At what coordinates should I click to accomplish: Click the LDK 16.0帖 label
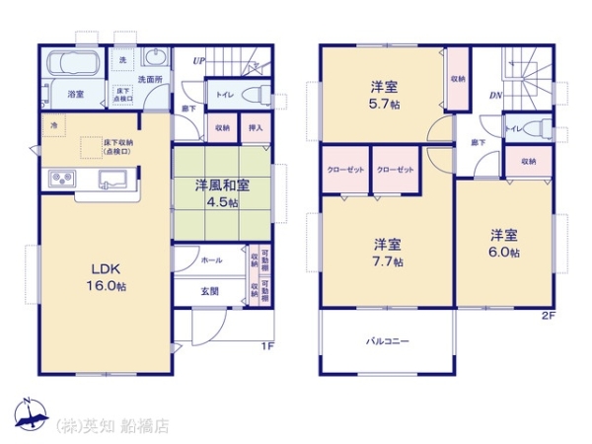(109, 277)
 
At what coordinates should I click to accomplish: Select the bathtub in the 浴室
(74, 66)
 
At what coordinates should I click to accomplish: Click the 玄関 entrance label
(209, 291)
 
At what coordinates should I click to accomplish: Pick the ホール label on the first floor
(211, 260)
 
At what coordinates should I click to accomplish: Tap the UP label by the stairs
(198, 61)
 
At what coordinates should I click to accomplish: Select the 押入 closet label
(254, 127)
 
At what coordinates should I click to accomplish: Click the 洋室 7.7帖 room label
(386, 253)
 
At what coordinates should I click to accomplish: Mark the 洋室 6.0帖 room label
(504, 243)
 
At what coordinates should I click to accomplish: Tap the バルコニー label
(388, 341)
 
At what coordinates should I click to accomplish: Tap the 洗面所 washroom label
(149, 78)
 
